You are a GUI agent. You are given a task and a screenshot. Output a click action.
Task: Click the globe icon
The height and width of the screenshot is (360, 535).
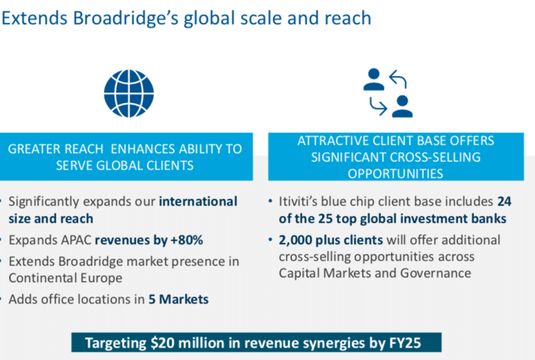point(129,94)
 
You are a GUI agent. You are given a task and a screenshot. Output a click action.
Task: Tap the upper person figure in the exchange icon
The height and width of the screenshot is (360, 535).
point(374,79)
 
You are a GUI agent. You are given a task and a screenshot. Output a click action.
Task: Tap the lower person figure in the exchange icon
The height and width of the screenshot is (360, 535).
point(402,106)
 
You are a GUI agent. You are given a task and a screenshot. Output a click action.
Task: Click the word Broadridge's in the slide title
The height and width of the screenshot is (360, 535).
point(126,18)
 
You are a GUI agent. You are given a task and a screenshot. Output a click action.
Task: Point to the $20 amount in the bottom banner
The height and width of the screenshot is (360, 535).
point(163,343)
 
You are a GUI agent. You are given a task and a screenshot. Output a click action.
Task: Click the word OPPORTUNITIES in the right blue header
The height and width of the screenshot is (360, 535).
point(396,174)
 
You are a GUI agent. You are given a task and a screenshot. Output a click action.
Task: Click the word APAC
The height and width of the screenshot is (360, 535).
point(76,240)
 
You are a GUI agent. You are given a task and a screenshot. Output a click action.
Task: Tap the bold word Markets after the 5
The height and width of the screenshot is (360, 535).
point(183,299)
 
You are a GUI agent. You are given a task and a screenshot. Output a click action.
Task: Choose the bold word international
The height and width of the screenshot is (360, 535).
point(198,201)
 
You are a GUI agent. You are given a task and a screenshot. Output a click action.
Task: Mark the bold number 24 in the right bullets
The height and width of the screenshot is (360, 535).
point(504,201)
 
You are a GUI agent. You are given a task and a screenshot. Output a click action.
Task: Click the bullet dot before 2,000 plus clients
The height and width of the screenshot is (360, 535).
point(270,239)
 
